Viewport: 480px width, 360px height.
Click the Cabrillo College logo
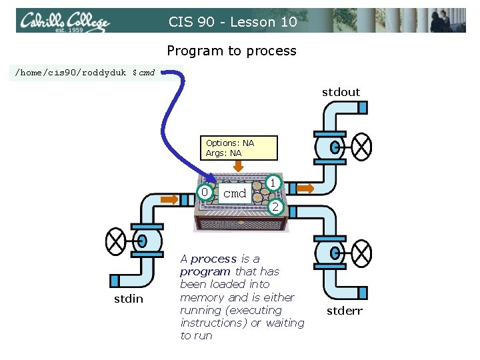point(64,22)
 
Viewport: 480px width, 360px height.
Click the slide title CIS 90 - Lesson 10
point(232,22)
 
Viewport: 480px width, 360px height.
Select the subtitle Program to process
point(231,51)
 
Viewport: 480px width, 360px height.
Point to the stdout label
point(341,92)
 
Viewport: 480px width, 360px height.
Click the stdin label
point(128,299)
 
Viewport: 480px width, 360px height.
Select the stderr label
point(344,310)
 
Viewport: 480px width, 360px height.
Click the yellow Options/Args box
point(239,148)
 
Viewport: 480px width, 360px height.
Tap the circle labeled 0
point(206,193)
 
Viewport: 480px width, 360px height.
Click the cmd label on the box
point(235,193)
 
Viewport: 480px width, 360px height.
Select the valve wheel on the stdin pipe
point(117,239)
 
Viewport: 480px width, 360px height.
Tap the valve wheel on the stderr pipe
point(362,253)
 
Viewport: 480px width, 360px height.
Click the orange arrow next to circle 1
point(305,189)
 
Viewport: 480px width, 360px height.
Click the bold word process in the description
point(213,259)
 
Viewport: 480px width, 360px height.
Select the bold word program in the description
point(205,271)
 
